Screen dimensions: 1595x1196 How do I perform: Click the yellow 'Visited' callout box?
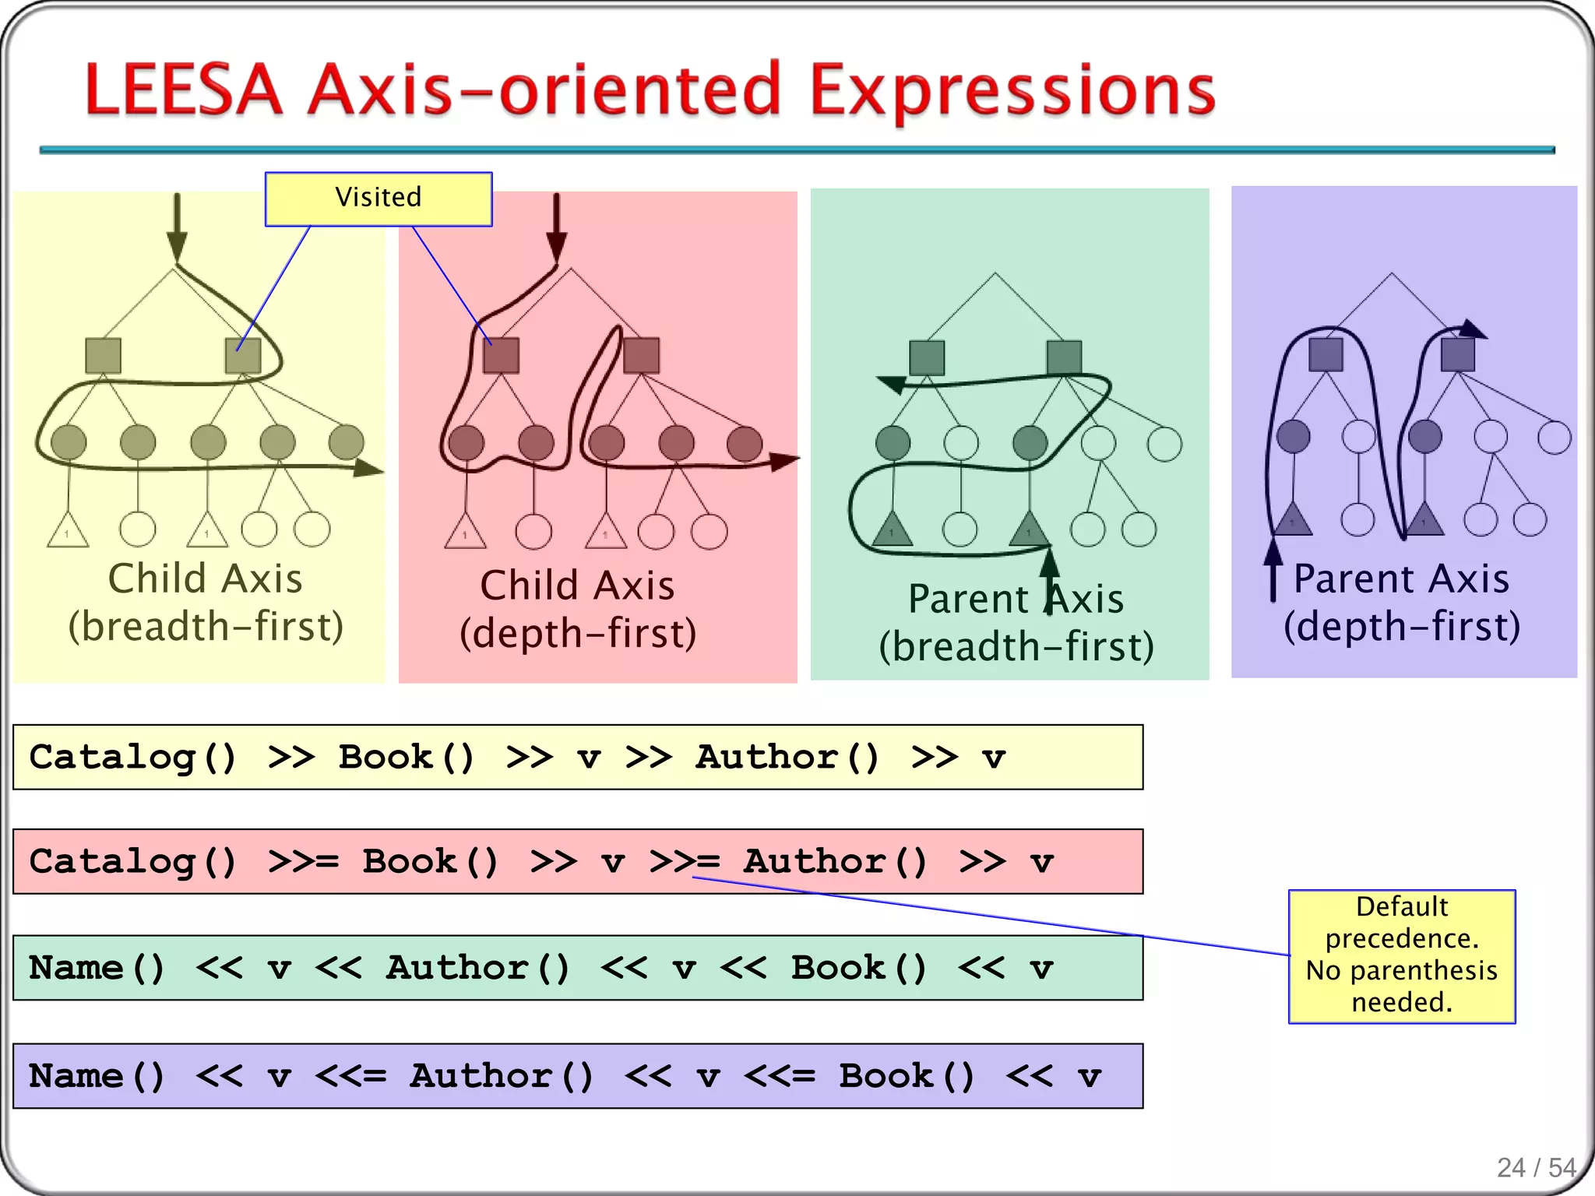click(x=379, y=199)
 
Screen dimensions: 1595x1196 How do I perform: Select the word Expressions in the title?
click(x=1012, y=91)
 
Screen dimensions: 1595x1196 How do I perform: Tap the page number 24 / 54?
click(x=1536, y=1167)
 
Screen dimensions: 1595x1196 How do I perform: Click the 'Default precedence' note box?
click(x=1401, y=955)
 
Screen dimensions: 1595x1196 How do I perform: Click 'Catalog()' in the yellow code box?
click(x=132, y=757)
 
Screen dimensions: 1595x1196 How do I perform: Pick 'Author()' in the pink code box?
click(x=835, y=861)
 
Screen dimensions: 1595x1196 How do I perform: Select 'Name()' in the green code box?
click(x=97, y=967)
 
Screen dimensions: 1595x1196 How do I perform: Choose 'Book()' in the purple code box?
click(x=907, y=1075)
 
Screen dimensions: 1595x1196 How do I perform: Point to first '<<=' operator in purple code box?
click(x=350, y=1075)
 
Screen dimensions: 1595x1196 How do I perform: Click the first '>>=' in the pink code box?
click(x=303, y=861)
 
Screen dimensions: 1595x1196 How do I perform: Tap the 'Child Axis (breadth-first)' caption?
click(x=206, y=602)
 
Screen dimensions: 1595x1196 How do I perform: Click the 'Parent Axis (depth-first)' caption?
click(x=1401, y=602)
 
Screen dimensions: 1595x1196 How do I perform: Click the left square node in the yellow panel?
click(x=103, y=356)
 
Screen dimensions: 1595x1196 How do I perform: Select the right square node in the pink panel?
click(x=641, y=355)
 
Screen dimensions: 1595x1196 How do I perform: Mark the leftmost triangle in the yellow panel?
click(x=68, y=531)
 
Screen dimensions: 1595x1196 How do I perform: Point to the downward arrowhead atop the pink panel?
click(x=556, y=248)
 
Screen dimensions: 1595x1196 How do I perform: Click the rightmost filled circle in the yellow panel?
click(x=346, y=442)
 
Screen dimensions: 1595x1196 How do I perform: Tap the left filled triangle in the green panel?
click(x=893, y=529)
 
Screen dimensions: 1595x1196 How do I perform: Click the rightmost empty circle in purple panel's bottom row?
click(x=1530, y=519)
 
